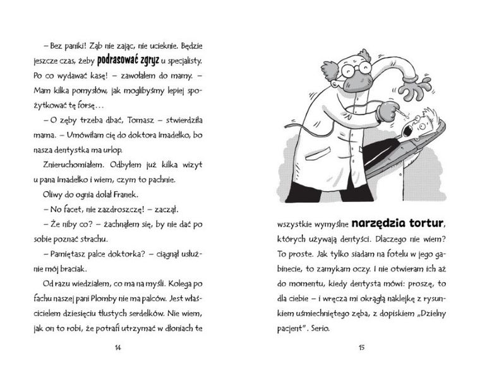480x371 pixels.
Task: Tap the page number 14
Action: point(119,346)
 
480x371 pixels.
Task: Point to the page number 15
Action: point(361,346)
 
